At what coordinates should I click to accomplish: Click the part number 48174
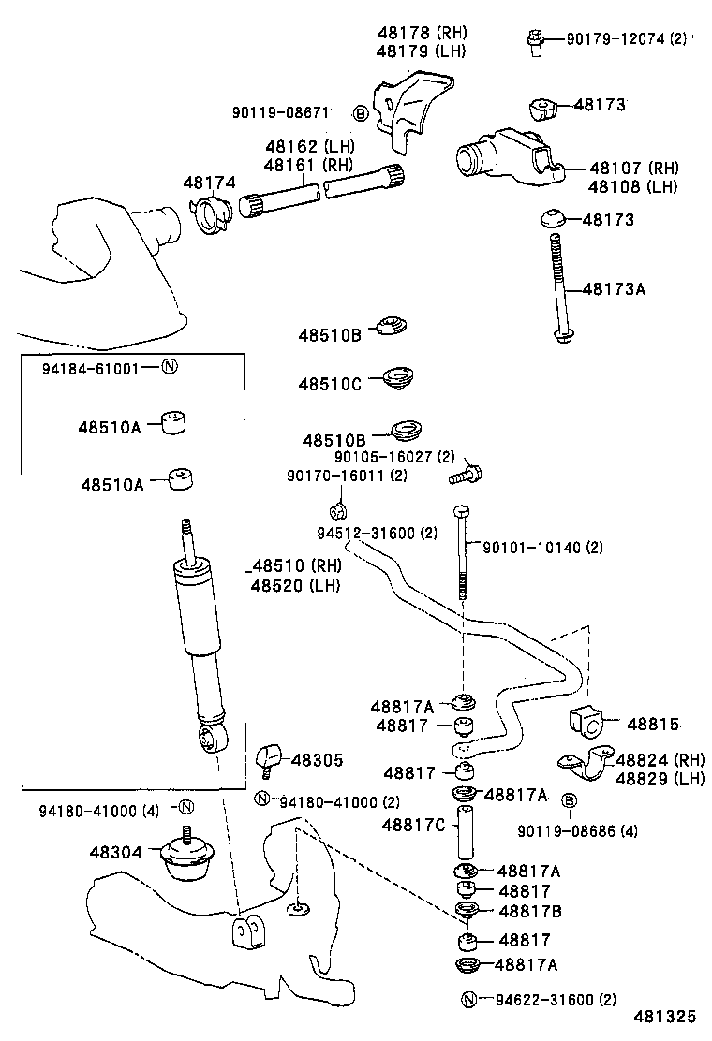[x=209, y=183]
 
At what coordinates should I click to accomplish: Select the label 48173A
[x=614, y=289]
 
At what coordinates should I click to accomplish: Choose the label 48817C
[x=414, y=825]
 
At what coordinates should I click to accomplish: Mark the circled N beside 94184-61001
[x=169, y=367]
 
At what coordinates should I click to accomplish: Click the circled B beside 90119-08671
[x=361, y=113]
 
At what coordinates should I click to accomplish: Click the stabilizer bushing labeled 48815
[x=586, y=723]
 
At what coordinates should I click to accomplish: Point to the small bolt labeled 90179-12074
[x=537, y=42]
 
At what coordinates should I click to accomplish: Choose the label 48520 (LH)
[x=296, y=586]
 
